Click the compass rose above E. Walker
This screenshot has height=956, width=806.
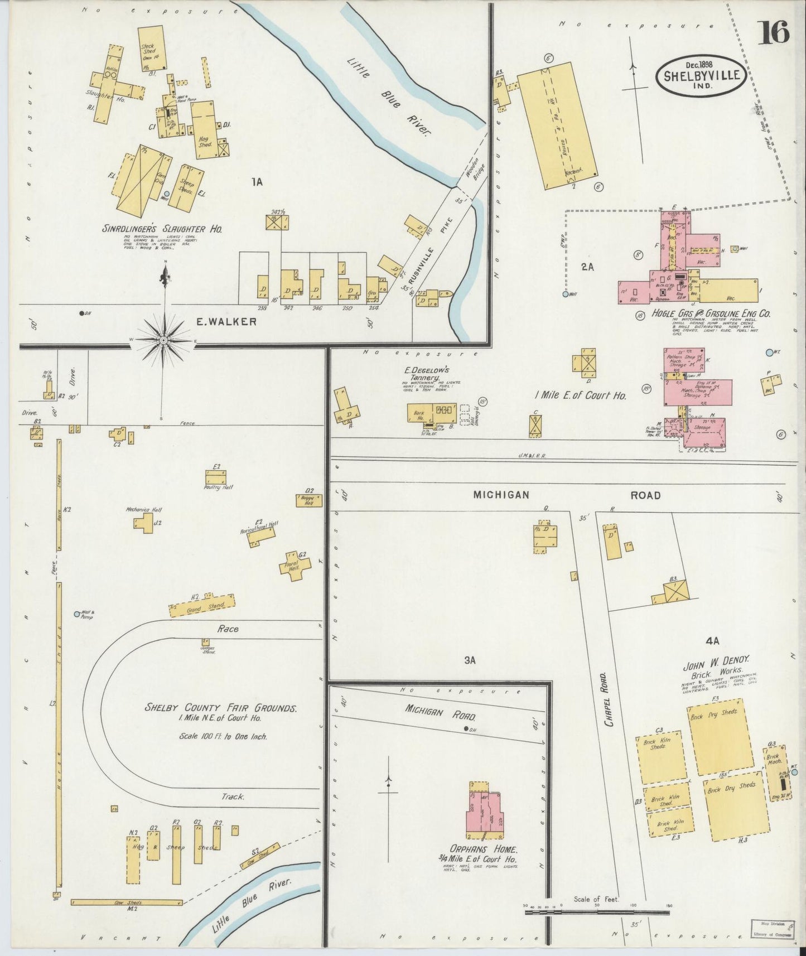click(163, 339)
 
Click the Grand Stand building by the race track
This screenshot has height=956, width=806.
click(202, 606)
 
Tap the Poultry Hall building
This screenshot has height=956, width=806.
click(215, 477)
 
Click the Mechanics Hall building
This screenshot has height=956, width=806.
click(144, 523)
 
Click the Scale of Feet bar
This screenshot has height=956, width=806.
click(597, 912)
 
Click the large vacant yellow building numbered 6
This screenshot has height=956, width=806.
click(557, 124)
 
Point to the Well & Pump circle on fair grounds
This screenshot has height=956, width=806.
click(78, 614)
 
